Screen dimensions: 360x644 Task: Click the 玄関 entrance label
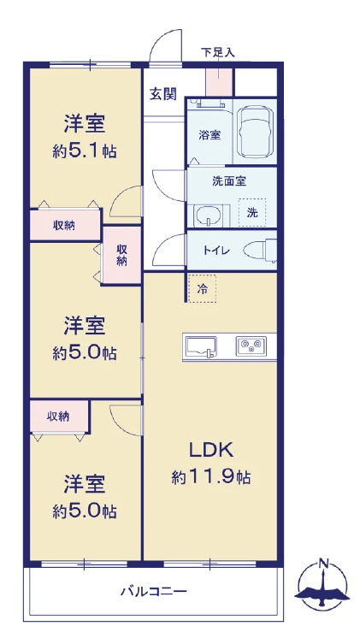click(163, 93)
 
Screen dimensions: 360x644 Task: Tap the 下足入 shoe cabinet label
click(217, 52)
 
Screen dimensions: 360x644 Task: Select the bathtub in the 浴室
click(255, 132)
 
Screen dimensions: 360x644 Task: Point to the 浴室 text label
click(210, 135)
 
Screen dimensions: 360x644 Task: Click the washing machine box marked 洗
click(252, 212)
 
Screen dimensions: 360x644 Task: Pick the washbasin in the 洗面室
click(209, 216)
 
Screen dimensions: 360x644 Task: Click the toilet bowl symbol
click(260, 250)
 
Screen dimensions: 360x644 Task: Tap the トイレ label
click(216, 250)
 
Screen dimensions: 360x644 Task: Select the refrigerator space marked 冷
click(202, 289)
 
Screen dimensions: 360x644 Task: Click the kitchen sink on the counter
click(201, 347)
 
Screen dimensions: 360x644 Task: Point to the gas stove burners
click(251, 346)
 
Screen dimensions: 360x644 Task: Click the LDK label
click(211, 450)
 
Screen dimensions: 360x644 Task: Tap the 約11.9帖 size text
click(211, 477)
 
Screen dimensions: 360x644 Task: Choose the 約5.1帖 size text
click(85, 151)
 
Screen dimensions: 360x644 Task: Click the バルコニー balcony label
click(154, 592)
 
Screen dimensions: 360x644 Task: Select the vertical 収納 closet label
click(121, 255)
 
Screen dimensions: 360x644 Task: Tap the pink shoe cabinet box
click(219, 82)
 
